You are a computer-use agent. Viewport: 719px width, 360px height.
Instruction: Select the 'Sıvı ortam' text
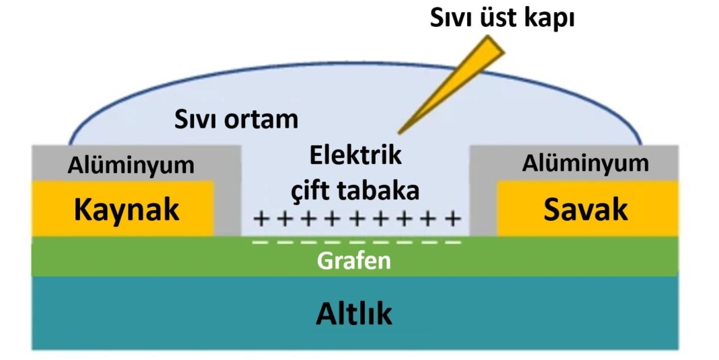click(x=235, y=120)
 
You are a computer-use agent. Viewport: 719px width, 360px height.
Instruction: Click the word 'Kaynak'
click(x=127, y=209)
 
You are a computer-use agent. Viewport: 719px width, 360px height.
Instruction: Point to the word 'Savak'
click(x=586, y=209)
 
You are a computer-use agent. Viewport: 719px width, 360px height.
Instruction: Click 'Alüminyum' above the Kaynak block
click(x=131, y=164)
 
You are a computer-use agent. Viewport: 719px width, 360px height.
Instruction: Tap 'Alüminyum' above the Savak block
click(x=586, y=163)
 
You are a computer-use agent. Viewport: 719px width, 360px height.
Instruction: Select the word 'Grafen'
click(x=354, y=260)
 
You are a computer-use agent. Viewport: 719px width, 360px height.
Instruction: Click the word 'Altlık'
click(x=354, y=313)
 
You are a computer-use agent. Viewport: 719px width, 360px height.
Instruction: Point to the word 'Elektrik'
click(x=355, y=155)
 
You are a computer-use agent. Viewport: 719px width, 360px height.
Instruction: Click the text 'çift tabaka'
click(x=355, y=190)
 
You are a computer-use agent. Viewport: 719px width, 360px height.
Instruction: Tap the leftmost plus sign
click(x=259, y=219)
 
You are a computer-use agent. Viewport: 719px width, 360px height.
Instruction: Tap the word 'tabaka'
click(x=380, y=190)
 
